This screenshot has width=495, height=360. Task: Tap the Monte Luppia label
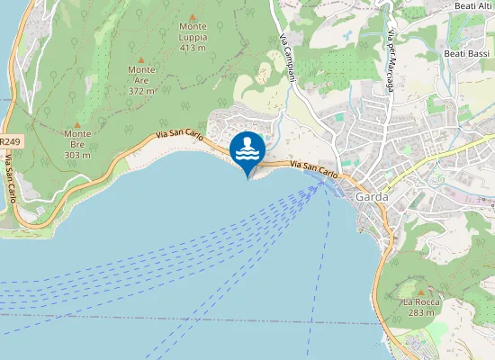(193, 39)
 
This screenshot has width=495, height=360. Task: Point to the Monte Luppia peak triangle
(193, 26)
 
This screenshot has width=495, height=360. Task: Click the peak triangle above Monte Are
(141, 58)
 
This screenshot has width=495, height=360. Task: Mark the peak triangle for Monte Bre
(77, 123)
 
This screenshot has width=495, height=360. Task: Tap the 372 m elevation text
(141, 90)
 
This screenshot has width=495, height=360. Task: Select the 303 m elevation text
(77, 155)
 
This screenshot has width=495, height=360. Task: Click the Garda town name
(372, 196)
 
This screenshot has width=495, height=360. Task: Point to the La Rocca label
(419, 301)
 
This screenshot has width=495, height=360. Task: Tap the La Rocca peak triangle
(419, 291)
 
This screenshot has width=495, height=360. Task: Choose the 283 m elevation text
(419, 313)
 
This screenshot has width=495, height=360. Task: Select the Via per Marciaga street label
(393, 50)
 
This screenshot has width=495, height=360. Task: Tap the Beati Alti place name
(473, 6)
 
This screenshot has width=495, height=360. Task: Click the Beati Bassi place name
(466, 54)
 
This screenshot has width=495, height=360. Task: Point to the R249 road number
(10, 142)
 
